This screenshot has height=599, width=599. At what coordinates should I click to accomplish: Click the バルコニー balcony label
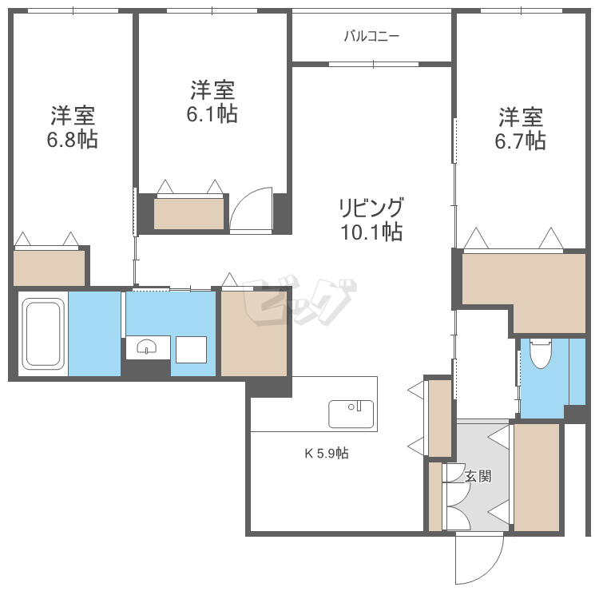click(x=371, y=36)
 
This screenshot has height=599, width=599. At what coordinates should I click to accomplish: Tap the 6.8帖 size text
click(x=72, y=141)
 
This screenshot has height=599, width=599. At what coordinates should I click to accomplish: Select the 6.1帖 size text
click(x=212, y=114)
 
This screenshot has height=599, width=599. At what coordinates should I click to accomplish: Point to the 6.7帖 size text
click(x=521, y=141)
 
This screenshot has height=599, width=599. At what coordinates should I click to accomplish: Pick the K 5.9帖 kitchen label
click(x=326, y=454)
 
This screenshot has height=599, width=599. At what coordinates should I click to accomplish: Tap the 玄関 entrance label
click(x=478, y=477)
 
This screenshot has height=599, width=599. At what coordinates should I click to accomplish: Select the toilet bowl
click(x=541, y=351)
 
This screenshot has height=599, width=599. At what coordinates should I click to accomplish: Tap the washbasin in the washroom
click(x=147, y=347)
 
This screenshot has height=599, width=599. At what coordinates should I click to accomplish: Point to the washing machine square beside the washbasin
click(x=192, y=349)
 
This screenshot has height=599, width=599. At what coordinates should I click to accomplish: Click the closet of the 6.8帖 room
click(x=50, y=268)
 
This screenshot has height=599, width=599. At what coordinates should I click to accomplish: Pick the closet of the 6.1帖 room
click(x=189, y=213)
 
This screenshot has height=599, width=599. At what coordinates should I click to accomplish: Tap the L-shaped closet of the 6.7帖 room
click(x=523, y=280)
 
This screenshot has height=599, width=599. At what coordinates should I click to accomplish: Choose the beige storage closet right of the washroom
click(x=254, y=333)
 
